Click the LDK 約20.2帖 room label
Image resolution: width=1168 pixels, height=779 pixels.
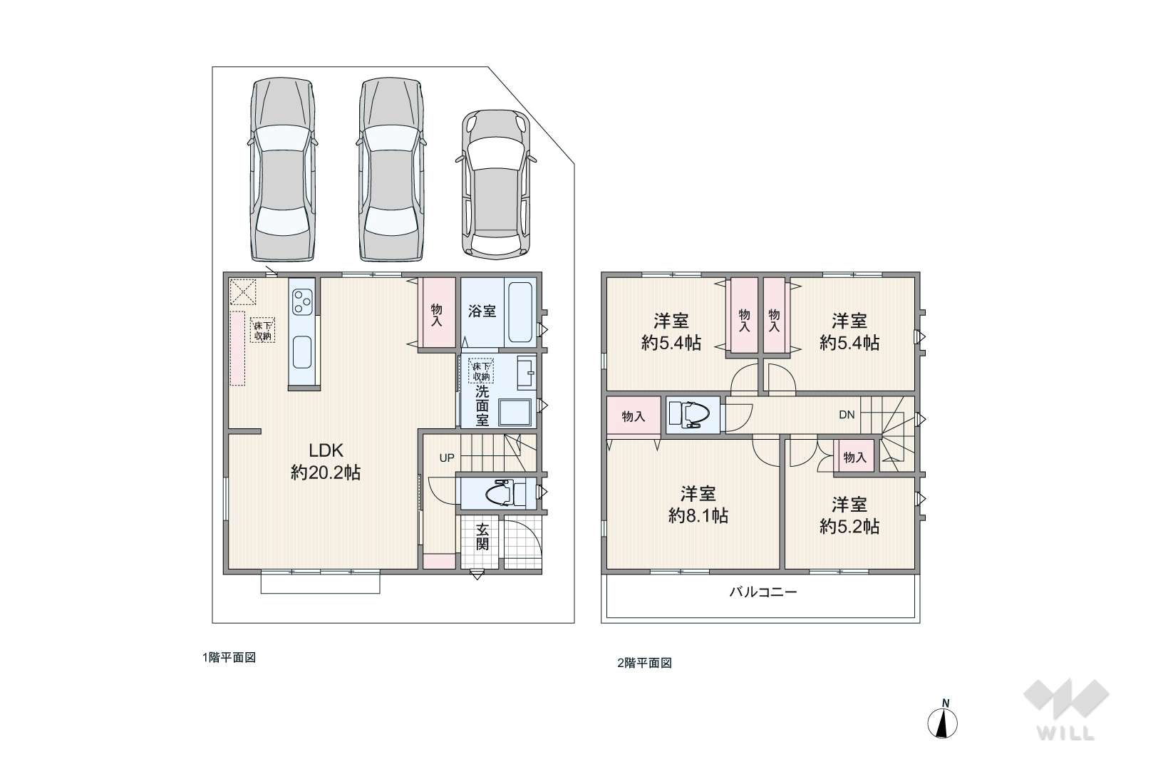(x=326, y=461)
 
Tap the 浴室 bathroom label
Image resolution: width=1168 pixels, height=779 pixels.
(x=482, y=311)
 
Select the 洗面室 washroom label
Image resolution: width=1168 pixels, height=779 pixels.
(x=482, y=406)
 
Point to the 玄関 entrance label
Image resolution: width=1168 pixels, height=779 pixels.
(x=482, y=537)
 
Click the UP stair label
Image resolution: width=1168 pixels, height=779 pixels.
(x=447, y=458)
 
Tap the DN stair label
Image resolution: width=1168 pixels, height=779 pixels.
(x=847, y=415)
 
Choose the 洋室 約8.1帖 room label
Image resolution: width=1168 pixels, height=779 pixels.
(x=698, y=504)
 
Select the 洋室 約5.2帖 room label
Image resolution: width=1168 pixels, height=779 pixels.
(x=849, y=515)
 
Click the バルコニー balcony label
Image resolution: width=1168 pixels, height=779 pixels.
(x=763, y=592)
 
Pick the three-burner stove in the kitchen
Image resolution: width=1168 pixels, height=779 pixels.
(x=302, y=302)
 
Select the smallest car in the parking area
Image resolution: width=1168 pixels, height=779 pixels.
(x=497, y=184)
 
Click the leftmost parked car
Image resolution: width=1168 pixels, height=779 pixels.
(x=283, y=170)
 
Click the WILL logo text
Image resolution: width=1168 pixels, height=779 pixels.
(x=1066, y=733)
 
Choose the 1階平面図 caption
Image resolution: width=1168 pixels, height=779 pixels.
(x=229, y=658)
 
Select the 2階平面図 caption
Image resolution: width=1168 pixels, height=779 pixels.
(x=644, y=664)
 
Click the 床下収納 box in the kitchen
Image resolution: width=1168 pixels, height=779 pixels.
(x=263, y=330)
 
